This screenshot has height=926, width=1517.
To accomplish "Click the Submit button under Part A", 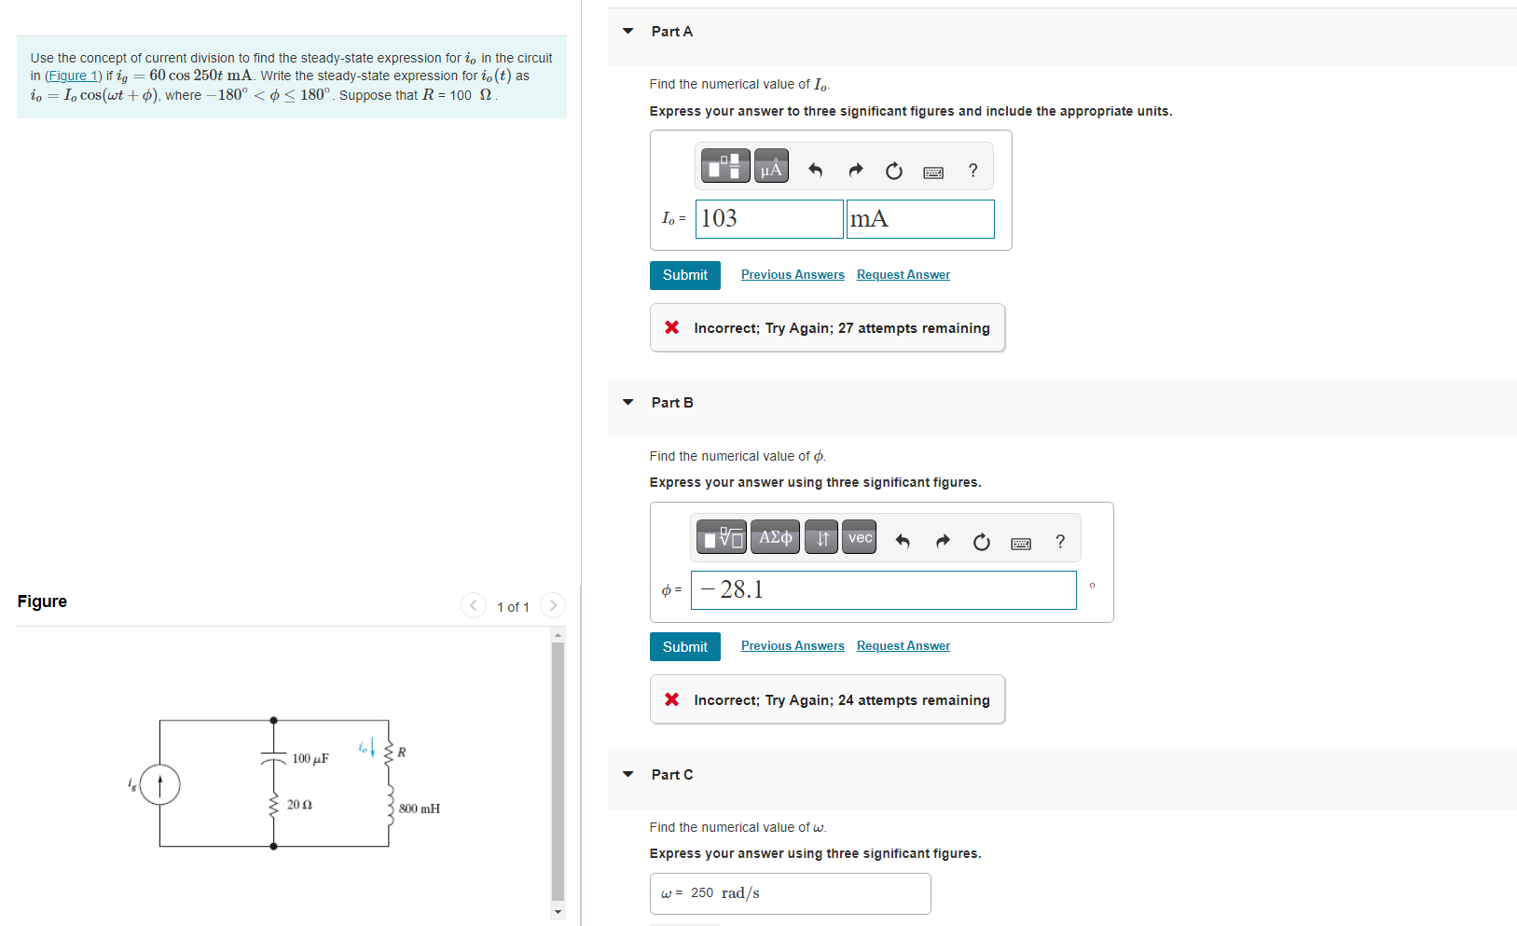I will point(684,275).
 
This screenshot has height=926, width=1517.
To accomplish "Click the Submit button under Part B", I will point(684,647).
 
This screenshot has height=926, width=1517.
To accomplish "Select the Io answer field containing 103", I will point(769,219).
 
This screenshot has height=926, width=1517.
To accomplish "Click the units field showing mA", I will point(919,219).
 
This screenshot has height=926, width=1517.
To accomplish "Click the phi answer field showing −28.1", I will point(883,590).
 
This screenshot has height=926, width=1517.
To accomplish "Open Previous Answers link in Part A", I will point(793,275).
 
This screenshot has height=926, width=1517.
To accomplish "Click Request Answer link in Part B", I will point(903,646).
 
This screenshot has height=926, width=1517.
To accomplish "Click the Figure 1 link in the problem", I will point(73,76).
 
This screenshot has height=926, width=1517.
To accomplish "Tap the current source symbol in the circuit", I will point(160,784).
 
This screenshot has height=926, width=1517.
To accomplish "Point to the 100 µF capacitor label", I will point(310,759).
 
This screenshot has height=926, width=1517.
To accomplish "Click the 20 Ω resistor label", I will point(299,805).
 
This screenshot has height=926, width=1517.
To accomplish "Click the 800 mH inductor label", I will point(420,809).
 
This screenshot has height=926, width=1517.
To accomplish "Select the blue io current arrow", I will point(372,747).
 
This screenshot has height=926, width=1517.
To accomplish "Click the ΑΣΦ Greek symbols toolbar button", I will point(775,538).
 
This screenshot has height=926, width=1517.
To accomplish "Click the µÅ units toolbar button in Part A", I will point(771,167).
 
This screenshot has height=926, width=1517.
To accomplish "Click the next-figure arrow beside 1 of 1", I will point(553,606).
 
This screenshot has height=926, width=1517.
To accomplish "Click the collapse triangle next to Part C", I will point(628,775).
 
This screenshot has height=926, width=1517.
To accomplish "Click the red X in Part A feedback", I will point(671,327).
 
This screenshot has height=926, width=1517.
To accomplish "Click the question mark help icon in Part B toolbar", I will point(1060,542).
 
